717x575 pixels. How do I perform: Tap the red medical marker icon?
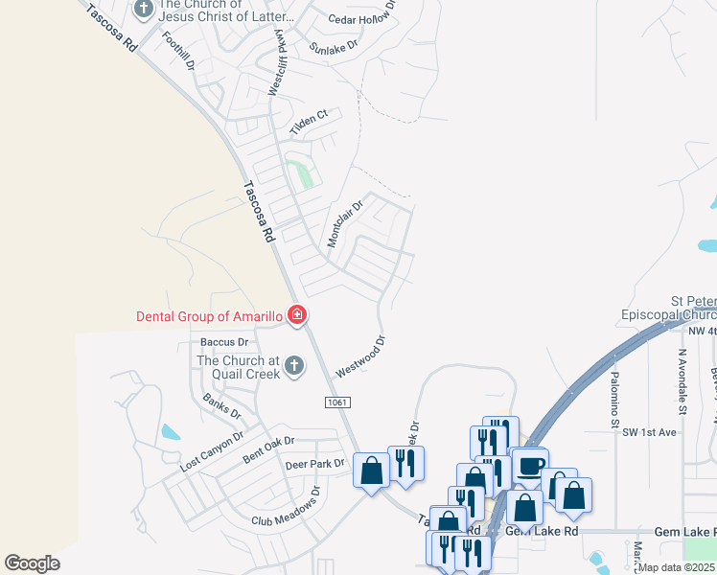point(297,315)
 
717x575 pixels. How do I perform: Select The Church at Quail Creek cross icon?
point(294,365)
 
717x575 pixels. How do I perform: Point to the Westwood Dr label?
point(360,356)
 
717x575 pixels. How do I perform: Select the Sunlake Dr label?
point(334,45)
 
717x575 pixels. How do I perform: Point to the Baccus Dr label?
point(224,342)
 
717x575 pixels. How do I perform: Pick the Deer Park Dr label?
point(314,465)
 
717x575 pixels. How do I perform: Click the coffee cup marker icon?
point(530,466)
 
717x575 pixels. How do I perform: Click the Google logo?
point(33,563)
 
